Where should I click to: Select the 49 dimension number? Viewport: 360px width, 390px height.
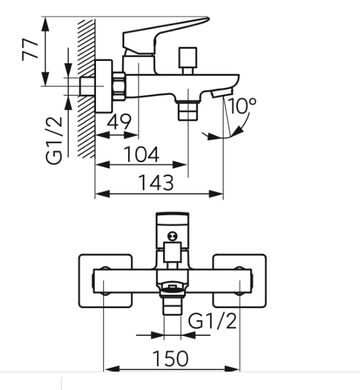(119, 122)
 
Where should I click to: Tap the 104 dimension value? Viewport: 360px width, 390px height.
(141, 154)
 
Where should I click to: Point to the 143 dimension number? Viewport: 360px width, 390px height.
(156, 183)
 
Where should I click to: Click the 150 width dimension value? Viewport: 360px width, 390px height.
(170, 358)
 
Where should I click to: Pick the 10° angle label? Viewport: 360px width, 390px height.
(242, 105)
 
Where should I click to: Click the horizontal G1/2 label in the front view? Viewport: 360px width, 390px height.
(212, 321)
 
